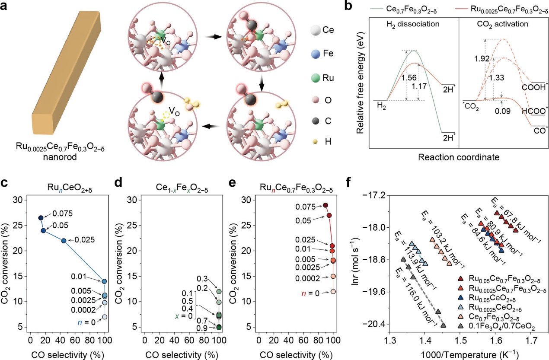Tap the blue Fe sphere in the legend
click(316, 54)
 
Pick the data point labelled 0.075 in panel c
click(41, 218)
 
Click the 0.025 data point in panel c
click(64, 241)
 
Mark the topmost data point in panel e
click(326, 205)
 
